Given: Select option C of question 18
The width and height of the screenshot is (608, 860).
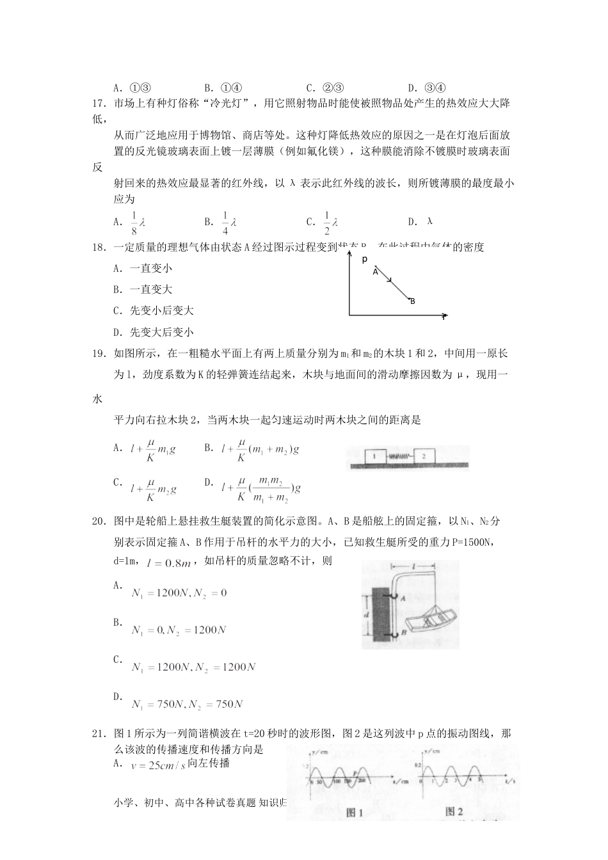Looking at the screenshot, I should coord(154,311).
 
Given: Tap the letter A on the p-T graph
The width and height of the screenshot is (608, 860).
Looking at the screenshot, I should coord(376,271).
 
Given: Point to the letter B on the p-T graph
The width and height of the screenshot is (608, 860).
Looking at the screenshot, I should coord(413,301).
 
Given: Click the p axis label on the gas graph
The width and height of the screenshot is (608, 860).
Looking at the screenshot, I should coord(364,259).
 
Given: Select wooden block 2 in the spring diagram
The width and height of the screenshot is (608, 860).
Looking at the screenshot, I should coord(424,456).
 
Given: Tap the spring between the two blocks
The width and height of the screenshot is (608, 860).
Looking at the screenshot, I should coord(399,457).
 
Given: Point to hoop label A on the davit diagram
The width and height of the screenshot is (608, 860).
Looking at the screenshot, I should coord(403,598).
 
